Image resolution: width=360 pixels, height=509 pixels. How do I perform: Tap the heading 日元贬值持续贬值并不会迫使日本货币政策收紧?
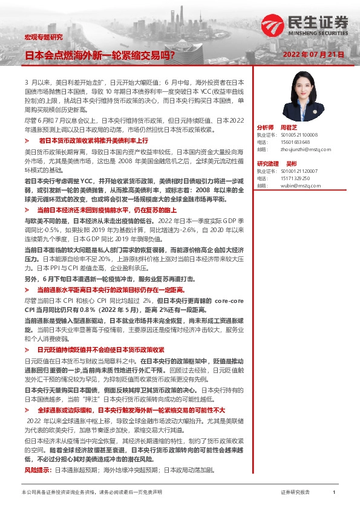click(100, 349)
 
